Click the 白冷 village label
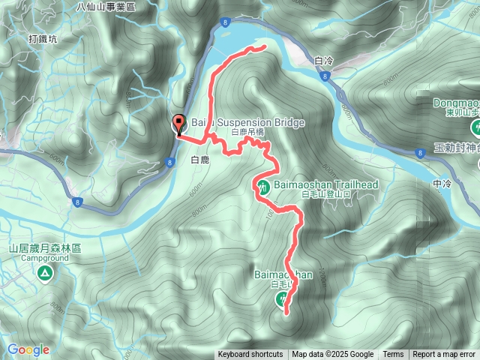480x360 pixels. click(x=324, y=60)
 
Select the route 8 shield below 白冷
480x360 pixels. click(x=323, y=76)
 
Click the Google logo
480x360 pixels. click(x=28, y=349)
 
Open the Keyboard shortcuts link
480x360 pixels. click(x=250, y=355)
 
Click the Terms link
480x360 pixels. click(x=393, y=355)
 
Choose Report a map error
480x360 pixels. click(x=444, y=355)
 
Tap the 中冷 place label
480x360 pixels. click(x=442, y=182)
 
